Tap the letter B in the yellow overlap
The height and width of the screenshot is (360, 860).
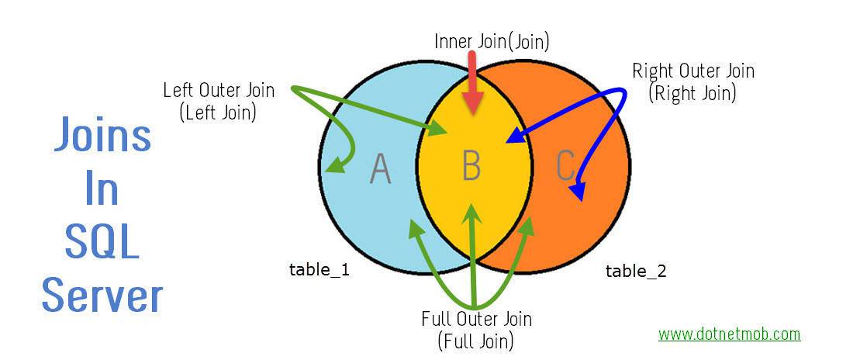tap(471, 164)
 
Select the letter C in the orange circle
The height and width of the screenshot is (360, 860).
tap(566, 164)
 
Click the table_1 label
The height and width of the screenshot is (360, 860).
tap(319, 270)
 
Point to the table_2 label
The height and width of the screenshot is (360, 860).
tap(636, 271)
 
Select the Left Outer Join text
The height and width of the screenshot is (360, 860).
tap(219, 90)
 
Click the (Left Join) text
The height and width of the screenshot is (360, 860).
tap(218, 112)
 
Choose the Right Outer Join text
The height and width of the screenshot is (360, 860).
tap(693, 71)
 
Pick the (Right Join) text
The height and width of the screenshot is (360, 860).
tap(692, 94)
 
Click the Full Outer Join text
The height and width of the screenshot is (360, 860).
tap(477, 319)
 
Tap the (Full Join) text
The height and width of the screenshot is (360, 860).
tap(476, 340)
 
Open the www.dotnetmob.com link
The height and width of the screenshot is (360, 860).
tap(729, 334)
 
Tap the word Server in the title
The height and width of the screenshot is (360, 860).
tap(102, 295)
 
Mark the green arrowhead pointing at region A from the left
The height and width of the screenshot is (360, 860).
tap(333, 166)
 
